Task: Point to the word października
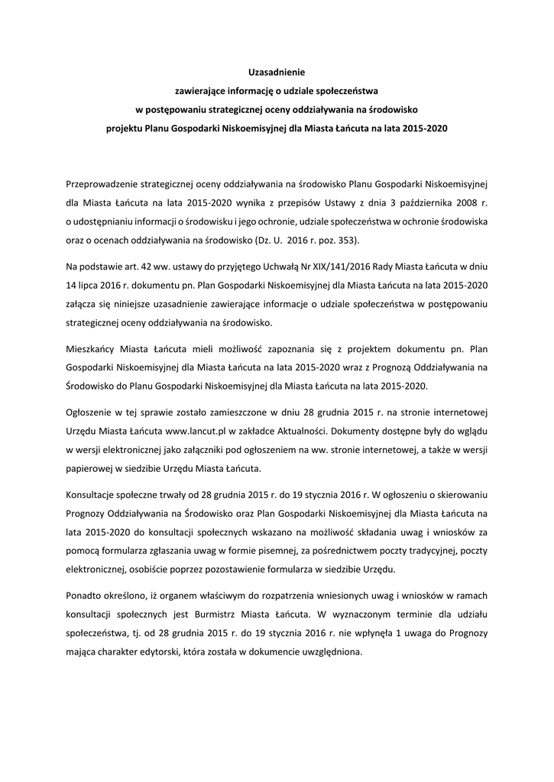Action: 429,202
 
